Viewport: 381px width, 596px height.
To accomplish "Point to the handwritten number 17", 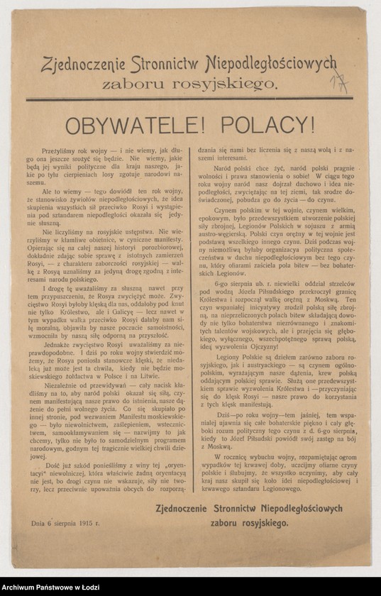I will click(339, 84).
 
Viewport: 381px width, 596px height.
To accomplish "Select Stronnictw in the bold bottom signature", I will click(237, 509).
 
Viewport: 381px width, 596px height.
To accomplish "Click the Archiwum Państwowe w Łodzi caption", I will click(50, 588).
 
